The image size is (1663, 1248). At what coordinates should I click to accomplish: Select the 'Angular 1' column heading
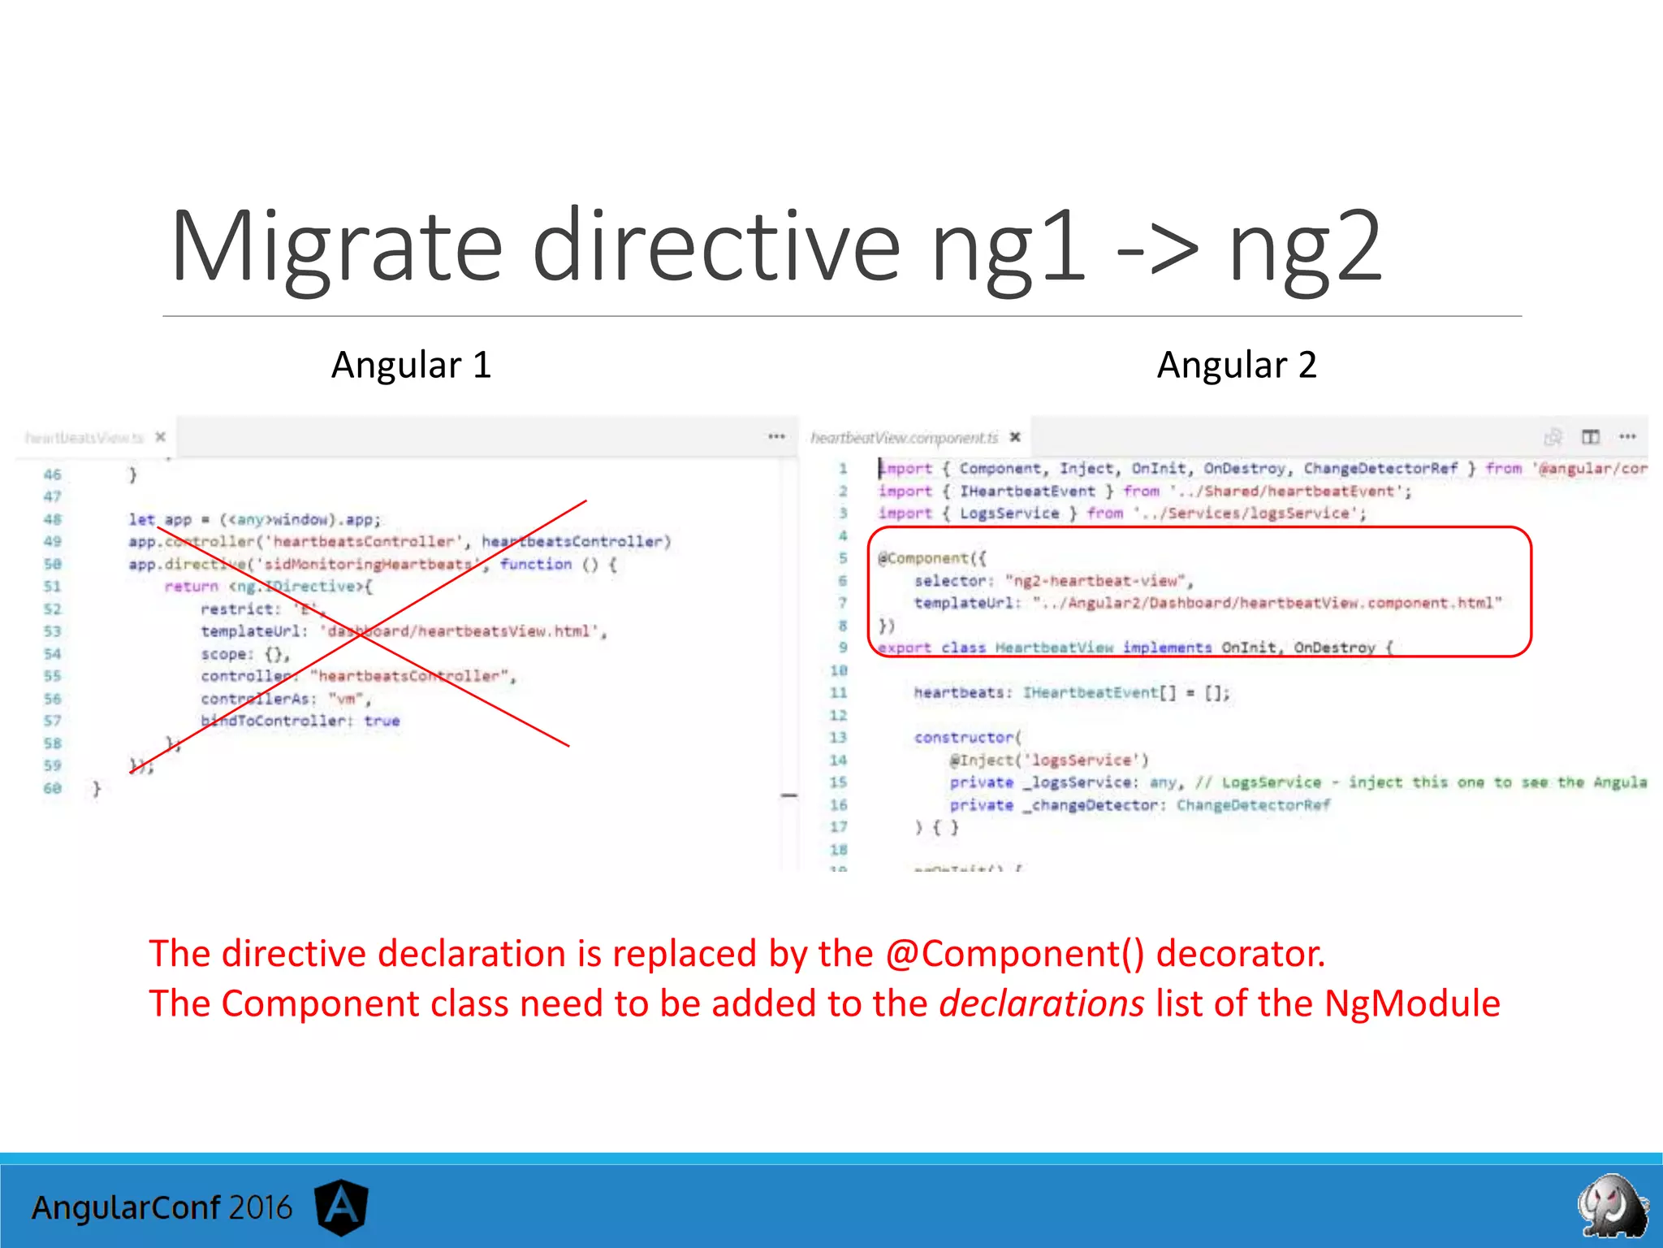point(411,365)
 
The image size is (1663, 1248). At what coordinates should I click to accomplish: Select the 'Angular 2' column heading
point(1236,365)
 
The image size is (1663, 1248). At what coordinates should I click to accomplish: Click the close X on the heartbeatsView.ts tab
point(161,437)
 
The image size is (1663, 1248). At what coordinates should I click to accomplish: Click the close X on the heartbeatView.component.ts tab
point(1015,437)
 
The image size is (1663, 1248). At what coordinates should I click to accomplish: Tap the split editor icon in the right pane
point(1590,437)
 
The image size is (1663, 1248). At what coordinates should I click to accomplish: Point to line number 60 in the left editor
point(53,788)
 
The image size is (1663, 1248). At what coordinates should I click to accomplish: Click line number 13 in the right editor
point(838,738)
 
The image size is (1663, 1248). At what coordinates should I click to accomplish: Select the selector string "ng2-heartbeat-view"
point(1099,581)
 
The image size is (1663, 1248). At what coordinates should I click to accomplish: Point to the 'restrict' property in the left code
point(237,609)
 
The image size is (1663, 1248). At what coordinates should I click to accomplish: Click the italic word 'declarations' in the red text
point(1041,1003)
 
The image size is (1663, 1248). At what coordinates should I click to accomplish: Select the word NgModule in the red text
point(1412,1003)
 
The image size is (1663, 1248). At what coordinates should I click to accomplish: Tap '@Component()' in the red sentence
point(1014,954)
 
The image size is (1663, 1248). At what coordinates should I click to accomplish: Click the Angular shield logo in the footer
point(341,1207)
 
